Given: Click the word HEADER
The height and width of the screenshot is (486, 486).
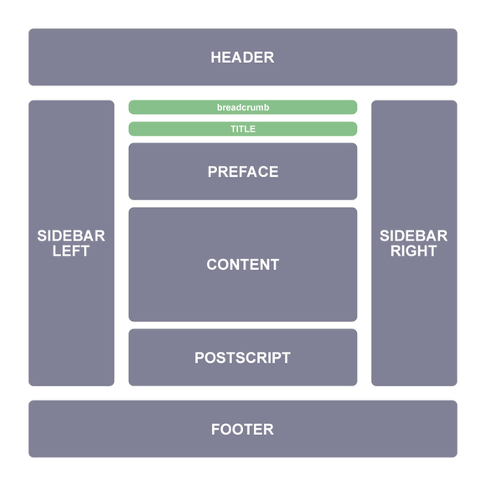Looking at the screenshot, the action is (x=242, y=57).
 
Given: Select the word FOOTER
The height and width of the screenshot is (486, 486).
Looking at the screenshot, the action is (x=242, y=429).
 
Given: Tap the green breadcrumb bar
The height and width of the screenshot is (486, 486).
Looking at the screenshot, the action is (x=243, y=107).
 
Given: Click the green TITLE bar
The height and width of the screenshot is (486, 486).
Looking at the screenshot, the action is (x=243, y=129).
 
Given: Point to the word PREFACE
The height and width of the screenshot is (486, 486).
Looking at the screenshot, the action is (x=243, y=172).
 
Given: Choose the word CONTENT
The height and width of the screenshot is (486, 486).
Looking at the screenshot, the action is (x=243, y=265).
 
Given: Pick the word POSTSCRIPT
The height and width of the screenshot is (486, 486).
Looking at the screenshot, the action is (x=242, y=358).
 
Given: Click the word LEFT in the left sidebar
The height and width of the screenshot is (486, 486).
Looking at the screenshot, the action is (x=71, y=251).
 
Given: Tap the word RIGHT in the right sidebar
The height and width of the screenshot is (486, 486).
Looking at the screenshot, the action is (x=414, y=251).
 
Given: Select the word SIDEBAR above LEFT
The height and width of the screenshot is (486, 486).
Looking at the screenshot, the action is (x=71, y=235).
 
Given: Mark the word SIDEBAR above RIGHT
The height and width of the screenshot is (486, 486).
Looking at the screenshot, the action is (x=414, y=235).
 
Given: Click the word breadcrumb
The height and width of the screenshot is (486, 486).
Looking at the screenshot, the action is (x=243, y=107).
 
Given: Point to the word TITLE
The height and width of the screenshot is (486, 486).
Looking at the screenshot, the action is (x=243, y=129).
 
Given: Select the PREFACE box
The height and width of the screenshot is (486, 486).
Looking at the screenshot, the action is (x=243, y=172).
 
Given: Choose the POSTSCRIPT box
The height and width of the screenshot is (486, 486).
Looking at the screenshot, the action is (x=243, y=357).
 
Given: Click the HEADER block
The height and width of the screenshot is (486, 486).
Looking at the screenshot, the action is (x=243, y=57).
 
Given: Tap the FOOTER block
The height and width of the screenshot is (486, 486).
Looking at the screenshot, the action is (x=243, y=429).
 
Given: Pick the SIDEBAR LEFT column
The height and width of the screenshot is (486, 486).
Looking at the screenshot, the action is (x=71, y=243).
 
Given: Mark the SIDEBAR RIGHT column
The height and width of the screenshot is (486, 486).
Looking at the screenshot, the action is (x=415, y=243).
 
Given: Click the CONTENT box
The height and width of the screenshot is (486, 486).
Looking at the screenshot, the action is (x=243, y=265).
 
